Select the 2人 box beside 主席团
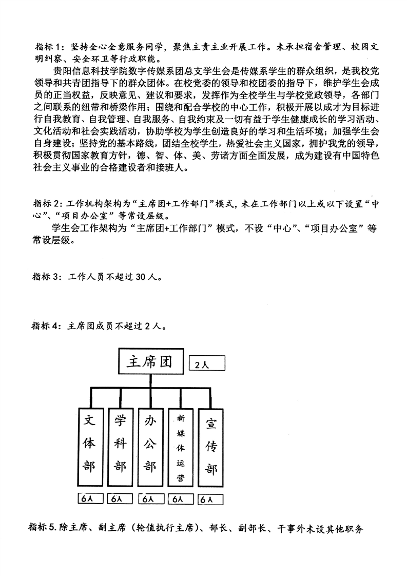[x=207, y=366]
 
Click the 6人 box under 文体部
[x=91, y=498]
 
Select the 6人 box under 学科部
[x=121, y=498]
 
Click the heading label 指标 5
[x=42, y=528]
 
